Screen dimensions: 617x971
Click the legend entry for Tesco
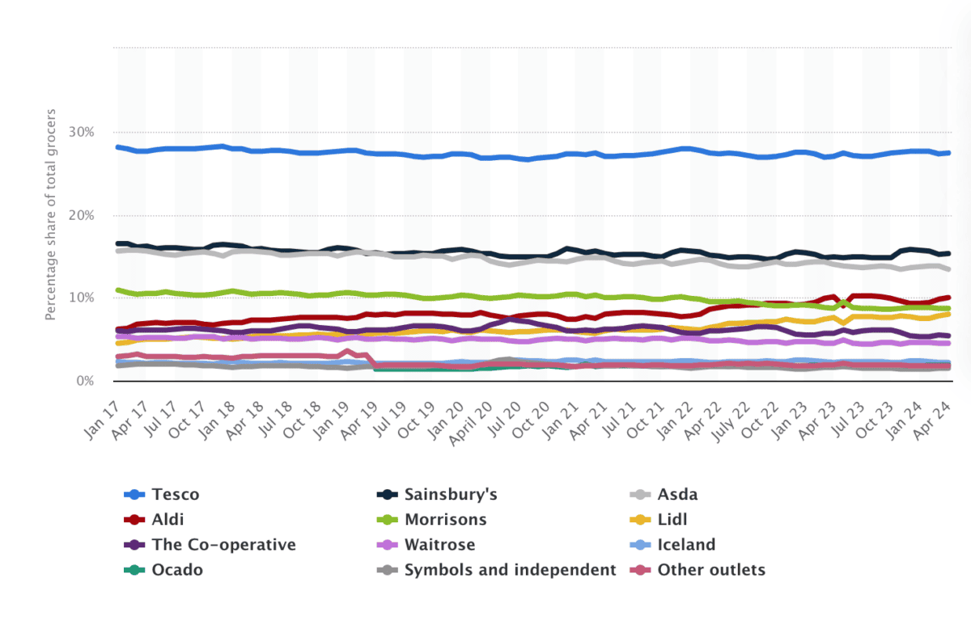pyautogui.click(x=175, y=495)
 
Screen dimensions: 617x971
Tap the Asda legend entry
pyautogui.click(x=677, y=495)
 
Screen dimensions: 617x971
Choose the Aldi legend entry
pyautogui.click(x=167, y=520)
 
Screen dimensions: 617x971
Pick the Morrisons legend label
pyautogui.click(x=446, y=520)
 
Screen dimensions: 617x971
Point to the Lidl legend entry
pyautogui.click(x=674, y=520)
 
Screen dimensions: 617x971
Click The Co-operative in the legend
pyautogui.click(x=223, y=545)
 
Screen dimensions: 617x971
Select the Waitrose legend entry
pyautogui.click(x=440, y=545)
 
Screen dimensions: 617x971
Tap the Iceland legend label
pyautogui.click(x=686, y=545)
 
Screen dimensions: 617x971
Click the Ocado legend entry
pyautogui.click(x=177, y=570)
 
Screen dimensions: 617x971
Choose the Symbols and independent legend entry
pyautogui.click(x=511, y=570)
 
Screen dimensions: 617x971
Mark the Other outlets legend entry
pyautogui.click(x=711, y=570)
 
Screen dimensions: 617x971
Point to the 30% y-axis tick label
pyautogui.click(x=81, y=132)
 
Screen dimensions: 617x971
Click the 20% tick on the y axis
pyautogui.click(x=81, y=215)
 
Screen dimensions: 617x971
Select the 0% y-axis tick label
pyautogui.click(x=84, y=380)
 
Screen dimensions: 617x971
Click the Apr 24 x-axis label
pyautogui.click(x=935, y=419)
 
